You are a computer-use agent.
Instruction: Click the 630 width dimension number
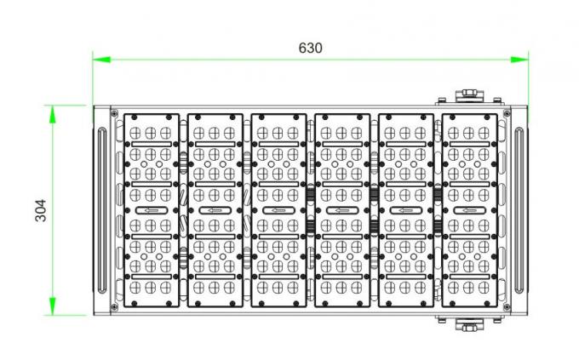[310, 48]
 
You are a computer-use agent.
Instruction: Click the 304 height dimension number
[41, 210]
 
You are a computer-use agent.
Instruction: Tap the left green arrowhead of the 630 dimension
[101, 60]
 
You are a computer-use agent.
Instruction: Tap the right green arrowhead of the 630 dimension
[519, 60]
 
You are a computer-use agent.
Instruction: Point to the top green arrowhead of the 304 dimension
[53, 114]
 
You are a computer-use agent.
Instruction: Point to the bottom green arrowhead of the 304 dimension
[53, 306]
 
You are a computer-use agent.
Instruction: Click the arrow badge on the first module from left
[152, 210]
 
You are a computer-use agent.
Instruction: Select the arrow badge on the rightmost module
[469, 210]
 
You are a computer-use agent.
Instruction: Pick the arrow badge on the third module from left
[278, 210]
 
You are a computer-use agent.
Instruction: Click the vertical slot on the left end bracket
[101, 210]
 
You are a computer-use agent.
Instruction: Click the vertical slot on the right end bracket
[519, 210]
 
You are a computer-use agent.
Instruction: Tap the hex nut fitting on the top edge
[469, 94]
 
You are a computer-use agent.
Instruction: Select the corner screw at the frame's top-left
[114, 113]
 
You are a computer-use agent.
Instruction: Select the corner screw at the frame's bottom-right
[507, 307]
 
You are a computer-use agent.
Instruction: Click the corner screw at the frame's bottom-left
[114, 307]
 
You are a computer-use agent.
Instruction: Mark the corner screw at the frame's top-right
[507, 113]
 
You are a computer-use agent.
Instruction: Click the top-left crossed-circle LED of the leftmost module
[135, 133]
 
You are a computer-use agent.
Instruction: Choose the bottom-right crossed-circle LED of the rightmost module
[484, 288]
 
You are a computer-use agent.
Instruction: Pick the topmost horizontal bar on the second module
[215, 144]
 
